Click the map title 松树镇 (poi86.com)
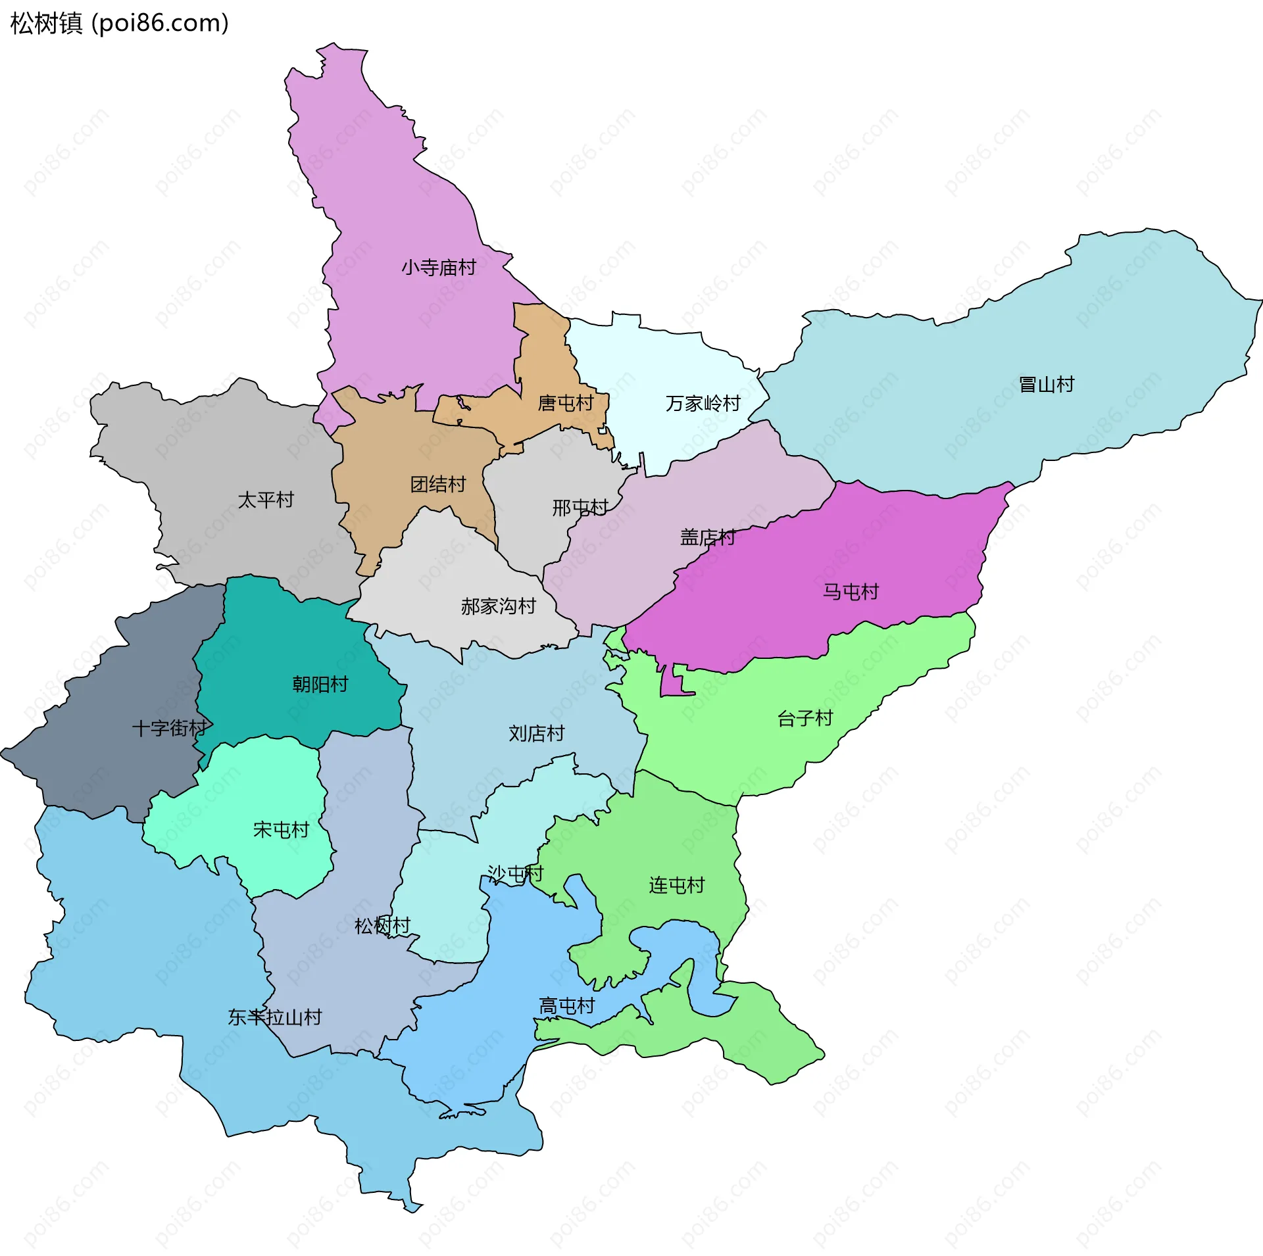pyautogui.click(x=120, y=24)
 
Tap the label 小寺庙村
pyautogui.click(x=439, y=268)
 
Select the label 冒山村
pyautogui.click(x=1046, y=384)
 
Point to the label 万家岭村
pyautogui.click(x=703, y=403)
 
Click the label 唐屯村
pyautogui.click(x=566, y=403)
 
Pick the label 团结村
pyautogui.click(x=438, y=485)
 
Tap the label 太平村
pyautogui.click(x=266, y=500)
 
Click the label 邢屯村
pyautogui.click(x=580, y=508)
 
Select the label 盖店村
pyautogui.click(x=708, y=538)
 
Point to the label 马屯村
pyautogui.click(x=851, y=592)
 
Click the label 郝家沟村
pyautogui.click(x=499, y=606)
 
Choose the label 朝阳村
pyautogui.click(x=320, y=685)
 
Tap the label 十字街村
pyautogui.click(x=170, y=728)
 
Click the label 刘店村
pyautogui.click(x=537, y=733)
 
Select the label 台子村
pyautogui.click(x=805, y=718)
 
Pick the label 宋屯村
pyautogui.click(x=282, y=830)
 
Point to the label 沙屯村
pyautogui.click(x=516, y=873)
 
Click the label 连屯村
pyautogui.click(x=677, y=885)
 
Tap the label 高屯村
pyautogui.click(x=567, y=1006)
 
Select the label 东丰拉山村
pyautogui.click(x=275, y=1017)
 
